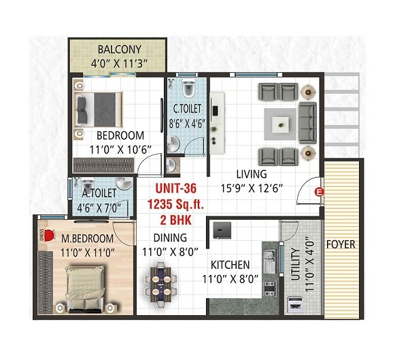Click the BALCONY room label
click(x=119, y=50)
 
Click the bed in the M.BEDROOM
click(x=84, y=287)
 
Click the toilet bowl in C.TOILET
click(x=188, y=87)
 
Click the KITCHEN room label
click(x=230, y=264)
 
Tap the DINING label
click(x=167, y=238)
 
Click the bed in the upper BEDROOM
click(x=100, y=108)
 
